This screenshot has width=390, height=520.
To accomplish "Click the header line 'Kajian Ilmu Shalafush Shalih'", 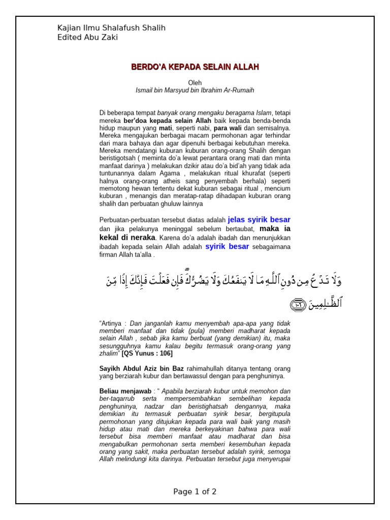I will pyautogui.click(x=111, y=28).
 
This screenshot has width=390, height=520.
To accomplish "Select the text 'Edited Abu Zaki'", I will pyautogui.click(x=87, y=38).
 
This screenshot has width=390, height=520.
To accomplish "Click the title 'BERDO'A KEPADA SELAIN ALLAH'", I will pyautogui.click(x=195, y=67).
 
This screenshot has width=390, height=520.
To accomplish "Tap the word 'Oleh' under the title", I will pyautogui.click(x=195, y=83).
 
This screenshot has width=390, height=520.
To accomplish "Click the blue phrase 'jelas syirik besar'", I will pyautogui.click(x=259, y=220).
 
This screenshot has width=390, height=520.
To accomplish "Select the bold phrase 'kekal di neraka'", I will pyautogui.click(x=127, y=238).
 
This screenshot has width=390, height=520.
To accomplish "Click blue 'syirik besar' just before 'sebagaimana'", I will pyautogui.click(x=227, y=247).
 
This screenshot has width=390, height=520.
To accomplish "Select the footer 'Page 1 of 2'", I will pyautogui.click(x=195, y=492).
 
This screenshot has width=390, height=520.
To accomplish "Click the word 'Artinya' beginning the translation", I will pyautogui.click(x=113, y=323).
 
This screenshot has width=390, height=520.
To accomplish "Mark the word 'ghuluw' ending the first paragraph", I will pyautogui.click(x=174, y=204).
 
